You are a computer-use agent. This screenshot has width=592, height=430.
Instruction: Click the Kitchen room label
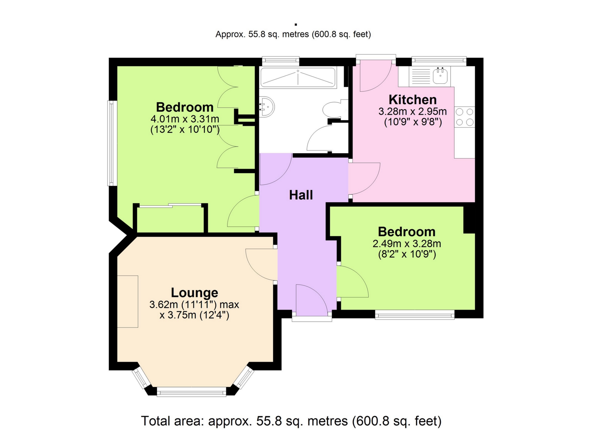[412, 100]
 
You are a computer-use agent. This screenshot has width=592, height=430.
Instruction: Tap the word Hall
[301, 195]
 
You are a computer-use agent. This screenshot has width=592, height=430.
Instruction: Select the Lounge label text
[194, 293]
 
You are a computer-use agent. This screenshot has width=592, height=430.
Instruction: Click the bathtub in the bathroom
[298, 77]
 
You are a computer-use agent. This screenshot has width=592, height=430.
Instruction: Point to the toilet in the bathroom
[333, 109]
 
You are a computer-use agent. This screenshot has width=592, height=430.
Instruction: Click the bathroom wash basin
[267, 107]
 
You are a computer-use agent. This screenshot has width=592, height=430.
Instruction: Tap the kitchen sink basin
[440, 76]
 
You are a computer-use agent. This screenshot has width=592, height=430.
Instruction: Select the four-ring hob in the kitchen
[465, 117]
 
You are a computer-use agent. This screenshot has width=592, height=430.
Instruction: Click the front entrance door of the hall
[312, 301]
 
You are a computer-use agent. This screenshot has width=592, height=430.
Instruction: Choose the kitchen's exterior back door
[376, 76]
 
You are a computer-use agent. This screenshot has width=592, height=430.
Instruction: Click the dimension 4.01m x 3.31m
[185, 119]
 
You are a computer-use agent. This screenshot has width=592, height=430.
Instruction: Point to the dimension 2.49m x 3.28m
[407, 244]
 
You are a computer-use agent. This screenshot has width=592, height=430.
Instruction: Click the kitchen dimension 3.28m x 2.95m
[412, 112]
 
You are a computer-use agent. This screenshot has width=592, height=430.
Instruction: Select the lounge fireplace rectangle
[128, 301]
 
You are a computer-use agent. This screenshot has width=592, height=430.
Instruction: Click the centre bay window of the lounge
[191, 392]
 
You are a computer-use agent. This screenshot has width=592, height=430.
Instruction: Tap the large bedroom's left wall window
[112, 143]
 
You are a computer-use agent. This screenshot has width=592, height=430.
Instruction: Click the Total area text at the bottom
[291, 421]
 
